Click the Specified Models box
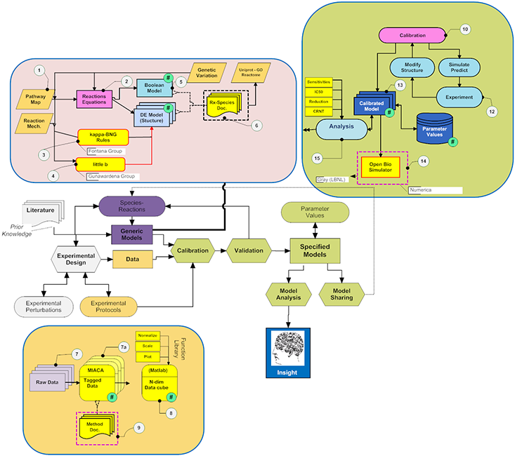315,251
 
